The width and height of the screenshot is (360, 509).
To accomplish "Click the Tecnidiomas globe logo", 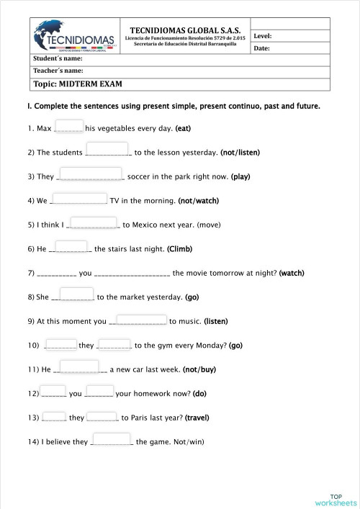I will [71, 35].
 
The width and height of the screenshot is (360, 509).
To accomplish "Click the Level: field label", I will [263, 35].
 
